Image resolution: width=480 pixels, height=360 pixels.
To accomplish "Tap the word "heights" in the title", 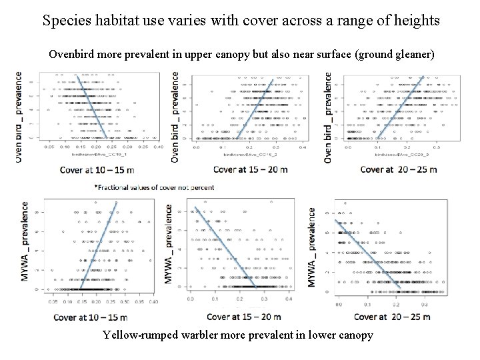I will coord(413,20).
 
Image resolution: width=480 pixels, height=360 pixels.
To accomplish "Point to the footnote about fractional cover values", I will coord(154,187).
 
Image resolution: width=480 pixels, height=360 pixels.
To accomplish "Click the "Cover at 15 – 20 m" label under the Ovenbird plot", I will coord(251,169).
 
